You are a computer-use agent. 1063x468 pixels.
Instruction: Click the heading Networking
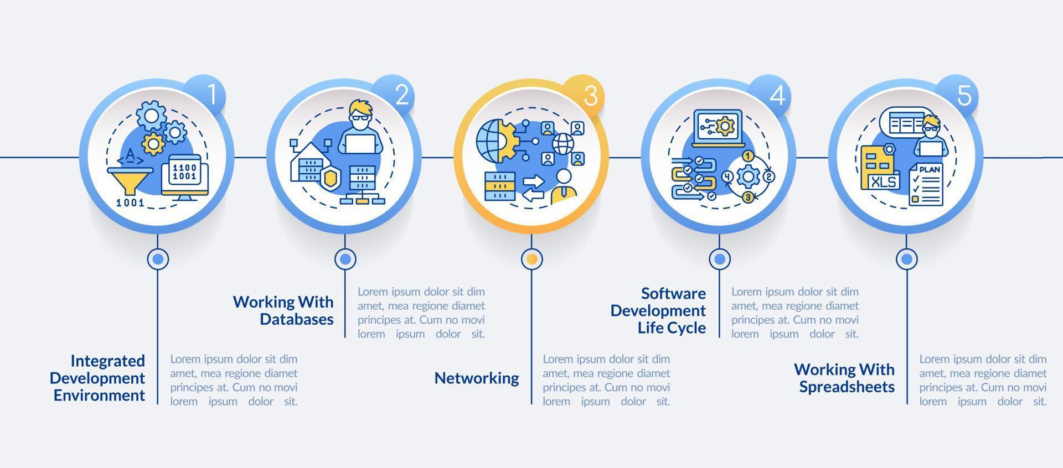476,378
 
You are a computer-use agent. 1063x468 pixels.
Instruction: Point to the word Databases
297,319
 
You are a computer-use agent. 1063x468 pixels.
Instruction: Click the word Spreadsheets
847,387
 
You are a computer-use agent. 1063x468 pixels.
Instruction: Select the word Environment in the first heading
99,396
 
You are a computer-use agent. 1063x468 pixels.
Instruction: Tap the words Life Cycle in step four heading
672,328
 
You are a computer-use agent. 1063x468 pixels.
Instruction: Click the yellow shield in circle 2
330,179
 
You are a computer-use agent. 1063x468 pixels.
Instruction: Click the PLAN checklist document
926,185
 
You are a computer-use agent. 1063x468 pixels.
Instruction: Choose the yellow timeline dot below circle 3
532,259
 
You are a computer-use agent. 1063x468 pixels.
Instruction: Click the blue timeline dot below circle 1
158,259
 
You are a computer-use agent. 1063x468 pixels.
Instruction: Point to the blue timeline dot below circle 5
907,259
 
